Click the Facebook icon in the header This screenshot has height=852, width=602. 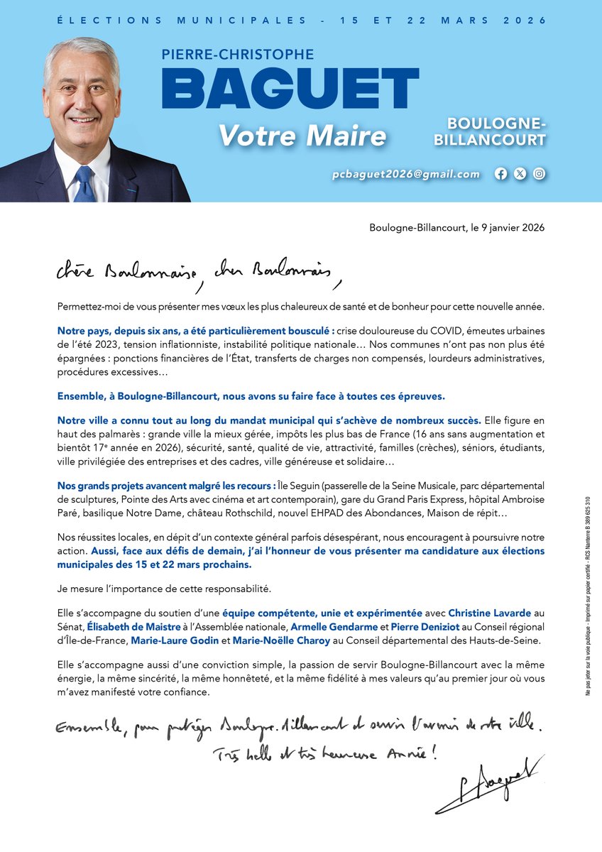pos(501,174)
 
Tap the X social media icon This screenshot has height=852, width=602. pos(520,174)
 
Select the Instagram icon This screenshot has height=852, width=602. pos(540,174)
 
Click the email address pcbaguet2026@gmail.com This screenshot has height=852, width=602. pos(406,174)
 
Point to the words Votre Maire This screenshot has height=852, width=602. pos(302,135)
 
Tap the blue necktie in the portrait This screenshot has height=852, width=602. pos(84,185)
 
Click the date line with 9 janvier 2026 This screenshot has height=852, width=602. pos(457,228)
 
